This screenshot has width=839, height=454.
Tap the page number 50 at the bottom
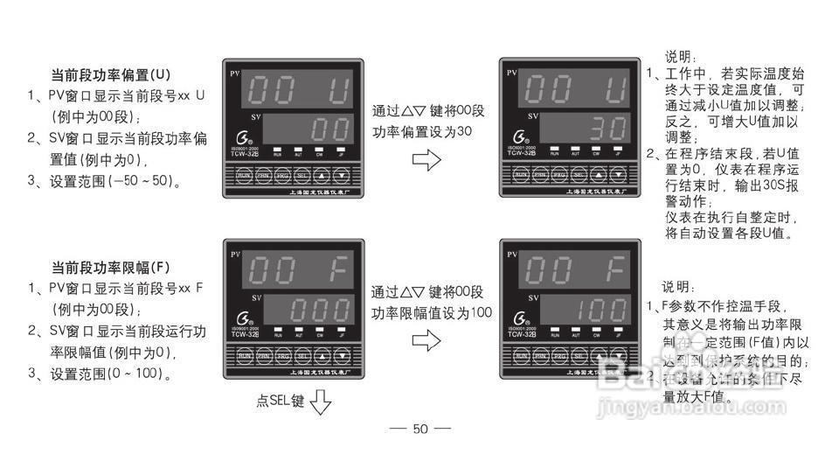pyautogui.click(x=420, y=429)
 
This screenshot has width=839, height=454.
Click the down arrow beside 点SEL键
pyautogui.click(x=322, y=402)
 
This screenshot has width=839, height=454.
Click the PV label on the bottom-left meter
pyautogui.click(x=234, y=255)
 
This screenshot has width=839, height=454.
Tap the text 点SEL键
pyautogui.click(x=280, y=402)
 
